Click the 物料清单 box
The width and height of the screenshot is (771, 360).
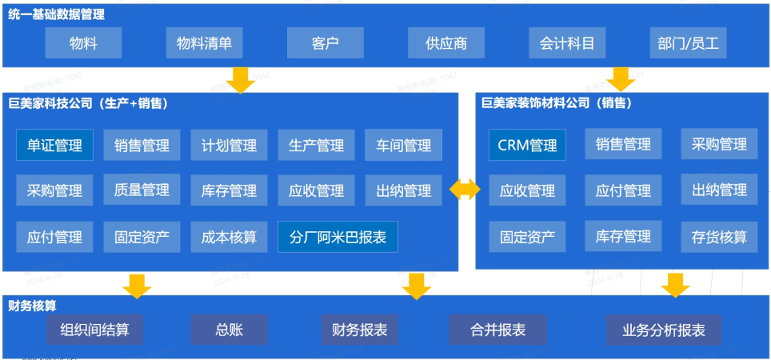point(204,43)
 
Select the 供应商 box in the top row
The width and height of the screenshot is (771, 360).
point(445,43)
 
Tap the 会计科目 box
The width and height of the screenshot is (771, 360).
point(567,43)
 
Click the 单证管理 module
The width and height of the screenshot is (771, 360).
point(54,146)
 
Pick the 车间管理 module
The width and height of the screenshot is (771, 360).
point(403,146)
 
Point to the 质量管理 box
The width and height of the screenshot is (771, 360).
point(142,190)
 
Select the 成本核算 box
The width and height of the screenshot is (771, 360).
point(229,237)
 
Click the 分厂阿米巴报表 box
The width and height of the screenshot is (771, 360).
point(338,237)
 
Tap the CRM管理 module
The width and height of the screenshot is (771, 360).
point(527,146)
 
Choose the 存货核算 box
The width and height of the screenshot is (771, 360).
point(719,237)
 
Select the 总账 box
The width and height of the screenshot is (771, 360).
point(229,330)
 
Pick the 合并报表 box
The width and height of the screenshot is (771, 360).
point(497,330)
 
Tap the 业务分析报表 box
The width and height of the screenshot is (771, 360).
point(664,330)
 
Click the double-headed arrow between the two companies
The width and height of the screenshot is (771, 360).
point(465,190)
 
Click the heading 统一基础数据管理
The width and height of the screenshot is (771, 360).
point(56,14)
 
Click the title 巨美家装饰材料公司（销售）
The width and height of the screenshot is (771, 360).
point(556,102)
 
